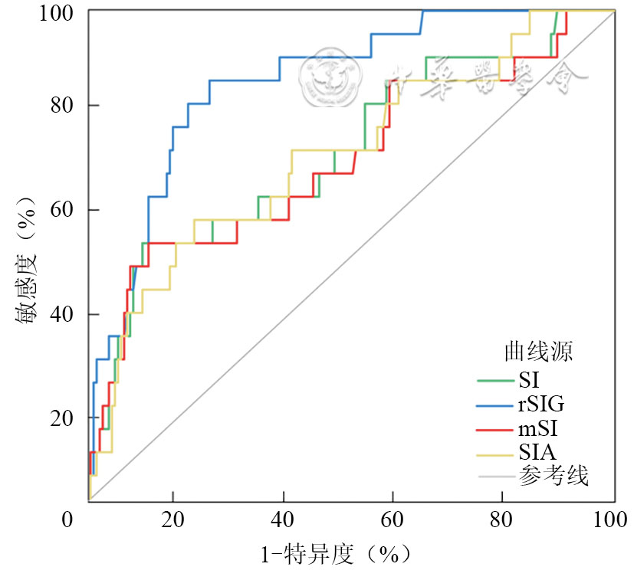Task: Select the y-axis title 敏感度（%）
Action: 26,261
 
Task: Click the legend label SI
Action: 528,378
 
